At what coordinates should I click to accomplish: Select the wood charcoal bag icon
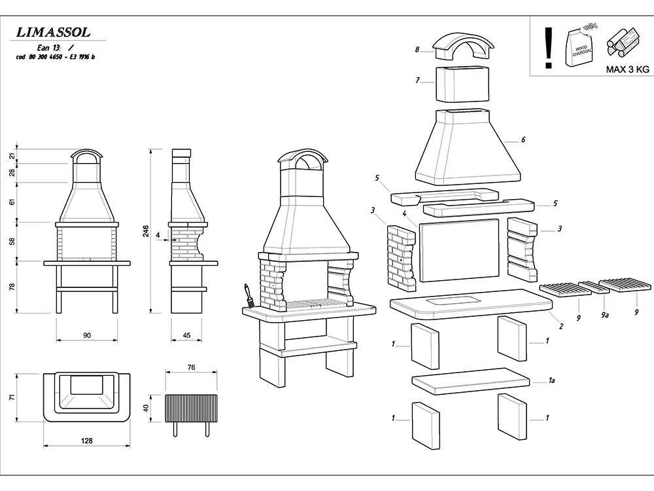pyautogui.click(x=579, y=45)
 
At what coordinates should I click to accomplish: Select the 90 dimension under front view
pyautogui.click(x=87, y=335)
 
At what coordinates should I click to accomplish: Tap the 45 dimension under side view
pyautogui.click(x=186, y=335)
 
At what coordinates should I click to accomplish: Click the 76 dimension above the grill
pyautogui.click(x=191, y=368)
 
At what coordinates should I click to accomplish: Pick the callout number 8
pyautogui.click(x=417, y=50)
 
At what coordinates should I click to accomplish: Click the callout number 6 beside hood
pyautogui.click(x=523, y=139)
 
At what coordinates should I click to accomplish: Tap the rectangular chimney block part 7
pyautogui.click(x=462, y=83)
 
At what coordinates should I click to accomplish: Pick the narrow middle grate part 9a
pyautogui.click(x=594, y=287)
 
